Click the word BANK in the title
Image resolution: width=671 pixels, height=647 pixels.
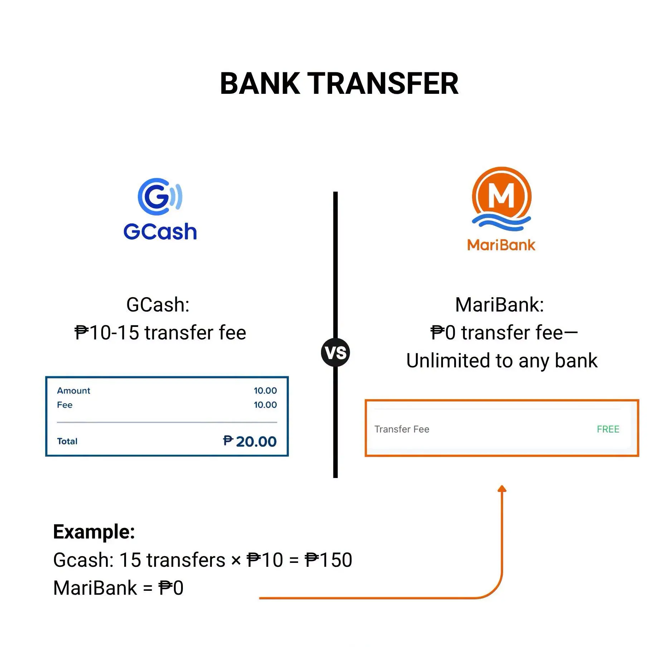tap(260, 83)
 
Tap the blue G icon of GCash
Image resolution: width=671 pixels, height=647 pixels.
tap(160, 196)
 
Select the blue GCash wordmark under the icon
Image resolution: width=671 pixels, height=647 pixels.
tap(160, 231)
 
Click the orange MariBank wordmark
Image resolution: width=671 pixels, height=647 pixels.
tap(501, 245)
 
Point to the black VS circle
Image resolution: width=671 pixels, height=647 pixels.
tap(335, 352)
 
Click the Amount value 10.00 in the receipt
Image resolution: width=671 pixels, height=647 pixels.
tap(265, 391)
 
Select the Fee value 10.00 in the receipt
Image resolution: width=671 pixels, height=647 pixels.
tap(265, 405)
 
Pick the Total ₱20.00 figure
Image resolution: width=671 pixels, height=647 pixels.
tap(250, 441)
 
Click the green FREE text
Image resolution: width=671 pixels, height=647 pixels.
tap(608, 429)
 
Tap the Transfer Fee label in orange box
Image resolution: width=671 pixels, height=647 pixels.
tap(402, 429)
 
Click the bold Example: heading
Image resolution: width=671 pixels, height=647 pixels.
tap(94, 532)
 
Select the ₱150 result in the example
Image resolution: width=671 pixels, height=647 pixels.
tap(329, 560)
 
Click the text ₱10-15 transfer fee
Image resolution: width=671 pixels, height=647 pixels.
tap(160, 333)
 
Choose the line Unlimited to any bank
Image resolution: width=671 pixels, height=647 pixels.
tap(502, 361)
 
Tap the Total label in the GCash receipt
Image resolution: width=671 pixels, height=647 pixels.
tap(67, 441)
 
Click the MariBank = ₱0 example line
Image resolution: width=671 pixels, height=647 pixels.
tap(118, 588)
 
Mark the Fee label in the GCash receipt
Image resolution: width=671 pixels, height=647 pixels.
tap(65, 405)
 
